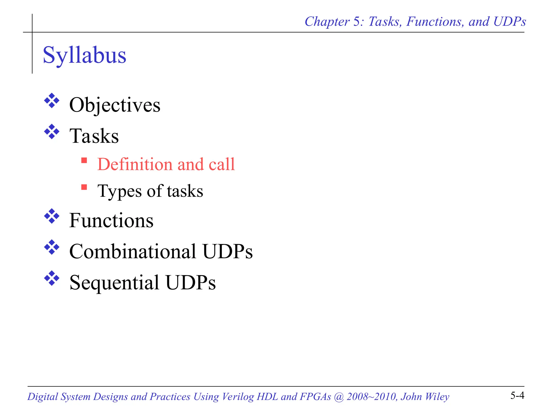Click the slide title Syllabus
click(84, 55)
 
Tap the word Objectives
click(115, 105)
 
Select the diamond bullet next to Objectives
click(52, 101)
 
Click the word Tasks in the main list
click(94, 136)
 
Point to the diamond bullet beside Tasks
click(52, 132)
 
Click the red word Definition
click(135, 164)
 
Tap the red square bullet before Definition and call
click(84, 160)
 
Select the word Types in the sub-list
click(120, 191)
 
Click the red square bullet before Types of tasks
click(84, 187)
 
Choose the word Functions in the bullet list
click(111, 220)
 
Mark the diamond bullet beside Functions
click(52, 216)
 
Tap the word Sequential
click(114, 282)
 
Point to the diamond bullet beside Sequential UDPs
click(52, 278)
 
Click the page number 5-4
click(517, 396)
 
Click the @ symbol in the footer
click(339, 397)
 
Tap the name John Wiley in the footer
click(425, 397)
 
